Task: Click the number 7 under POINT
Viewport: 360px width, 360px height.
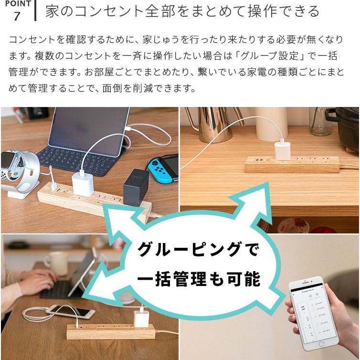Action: pos(17,16)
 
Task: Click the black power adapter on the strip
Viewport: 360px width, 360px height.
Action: pos(136,187)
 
